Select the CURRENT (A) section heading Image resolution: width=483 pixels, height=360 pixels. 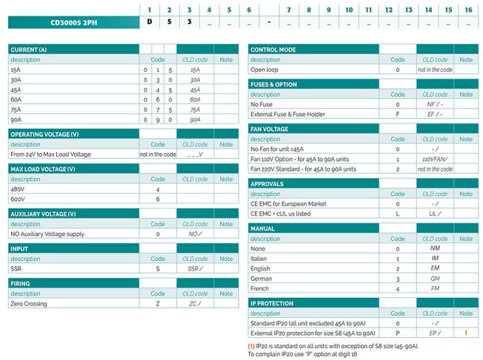pyautogui.click(x=29, y=50)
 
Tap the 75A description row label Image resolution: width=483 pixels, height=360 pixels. pyautogui.click(x=16, y=109)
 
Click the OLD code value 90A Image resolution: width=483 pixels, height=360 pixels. pyautogui.click(x=195, y=120)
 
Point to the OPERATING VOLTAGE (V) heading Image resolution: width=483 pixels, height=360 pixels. pyautogui.click(x=45, y=134)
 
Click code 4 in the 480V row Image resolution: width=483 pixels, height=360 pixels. pyautogui.click(x=158, y=189)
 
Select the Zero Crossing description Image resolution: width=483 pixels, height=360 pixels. pyautogui.click(x=29, y=304)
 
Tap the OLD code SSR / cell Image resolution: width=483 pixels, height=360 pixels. pyautogui.click(x=195, y=268)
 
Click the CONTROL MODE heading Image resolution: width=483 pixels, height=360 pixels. pyautogui.click(x=273, y=50)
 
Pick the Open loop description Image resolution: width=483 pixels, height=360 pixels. pyautogui.click(x=264, y=69)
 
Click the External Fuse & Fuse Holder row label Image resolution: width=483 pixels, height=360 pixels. pyautogui.click(x=288, y=114)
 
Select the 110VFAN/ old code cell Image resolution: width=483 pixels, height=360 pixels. pyautogui.click(x=435, y=159)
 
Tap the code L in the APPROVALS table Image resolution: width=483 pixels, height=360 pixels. pyautogui.click(x=398, y=214)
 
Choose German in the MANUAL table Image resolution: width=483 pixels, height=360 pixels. pyautogui.click(x=262, y=278)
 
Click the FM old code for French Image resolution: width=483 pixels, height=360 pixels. pyautogui.click(x=435, y=288)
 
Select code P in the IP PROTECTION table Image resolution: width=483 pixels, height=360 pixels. pyautogui.click(x=398, y=333)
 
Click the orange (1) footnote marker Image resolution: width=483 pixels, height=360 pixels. pyautogui.click(x=251, y=346)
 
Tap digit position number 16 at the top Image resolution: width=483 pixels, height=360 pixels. pyautogui.click(x=468, y=10)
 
